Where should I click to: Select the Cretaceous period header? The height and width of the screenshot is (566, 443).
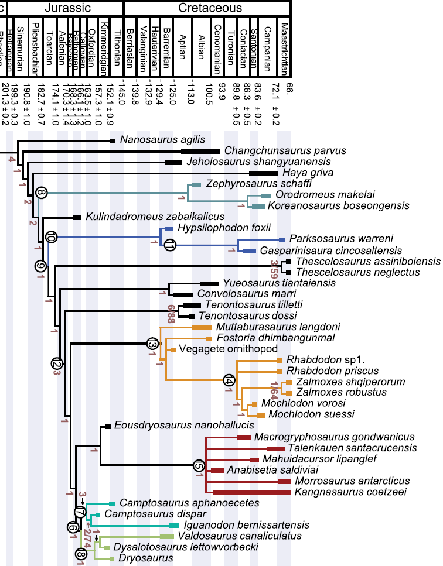(210, 8)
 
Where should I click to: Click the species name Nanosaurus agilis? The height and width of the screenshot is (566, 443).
(162, 140)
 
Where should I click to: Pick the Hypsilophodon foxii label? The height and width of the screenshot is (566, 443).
(224, 227)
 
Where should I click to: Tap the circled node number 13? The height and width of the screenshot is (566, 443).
(152, 344)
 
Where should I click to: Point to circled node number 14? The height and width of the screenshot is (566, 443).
(229, 380)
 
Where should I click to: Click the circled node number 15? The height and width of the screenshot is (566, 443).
(199, 465)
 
